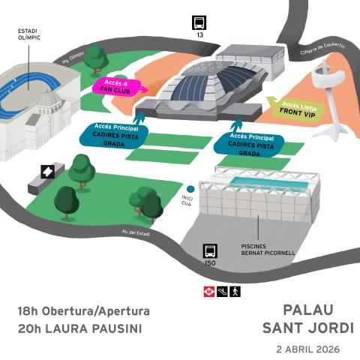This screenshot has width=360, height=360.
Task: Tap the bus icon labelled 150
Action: [x=210, y=251]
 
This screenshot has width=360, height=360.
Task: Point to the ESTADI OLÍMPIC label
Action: [x=29, y=34]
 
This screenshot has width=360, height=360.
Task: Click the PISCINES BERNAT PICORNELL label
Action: [x=268, y=249]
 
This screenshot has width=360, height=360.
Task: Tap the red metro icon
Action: [x=208, y=291]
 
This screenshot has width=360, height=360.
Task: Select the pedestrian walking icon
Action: [x=235, y=291]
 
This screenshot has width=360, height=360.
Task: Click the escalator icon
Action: [x=221, y=291]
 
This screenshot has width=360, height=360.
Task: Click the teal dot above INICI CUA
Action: [x=191, y=189]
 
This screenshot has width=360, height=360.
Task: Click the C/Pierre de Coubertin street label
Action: [x=322, y=49]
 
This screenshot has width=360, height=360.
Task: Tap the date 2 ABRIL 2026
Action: [x=307, y=349]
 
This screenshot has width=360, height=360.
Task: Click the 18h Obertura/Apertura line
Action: [x=84, y=310]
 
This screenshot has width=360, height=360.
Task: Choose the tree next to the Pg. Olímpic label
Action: [x=96, y=57]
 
